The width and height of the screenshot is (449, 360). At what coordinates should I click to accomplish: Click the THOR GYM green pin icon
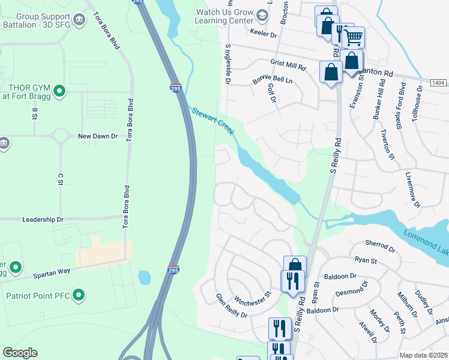click(59, 91)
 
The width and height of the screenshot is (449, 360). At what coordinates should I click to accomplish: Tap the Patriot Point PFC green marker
click(78, 295)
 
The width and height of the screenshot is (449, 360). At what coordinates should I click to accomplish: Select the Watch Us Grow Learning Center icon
click(261, 14)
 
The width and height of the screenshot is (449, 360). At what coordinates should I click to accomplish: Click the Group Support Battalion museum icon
click(79, 21)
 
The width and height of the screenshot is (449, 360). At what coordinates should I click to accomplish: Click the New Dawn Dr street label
click(98, 136)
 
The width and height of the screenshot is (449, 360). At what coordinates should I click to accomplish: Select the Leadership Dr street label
click(43, 220)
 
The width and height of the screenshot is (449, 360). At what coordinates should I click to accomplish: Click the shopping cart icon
click(354, 37)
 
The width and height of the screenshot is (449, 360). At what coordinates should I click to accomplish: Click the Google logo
click(20, 352)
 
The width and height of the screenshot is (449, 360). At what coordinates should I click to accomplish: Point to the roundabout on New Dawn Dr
click(60, 136)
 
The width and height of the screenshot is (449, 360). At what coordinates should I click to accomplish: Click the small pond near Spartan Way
click(144, 278)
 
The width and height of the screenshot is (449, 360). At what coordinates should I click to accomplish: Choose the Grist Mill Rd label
click(289, 65)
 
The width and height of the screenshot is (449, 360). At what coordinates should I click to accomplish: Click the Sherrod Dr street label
click(380, 246)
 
